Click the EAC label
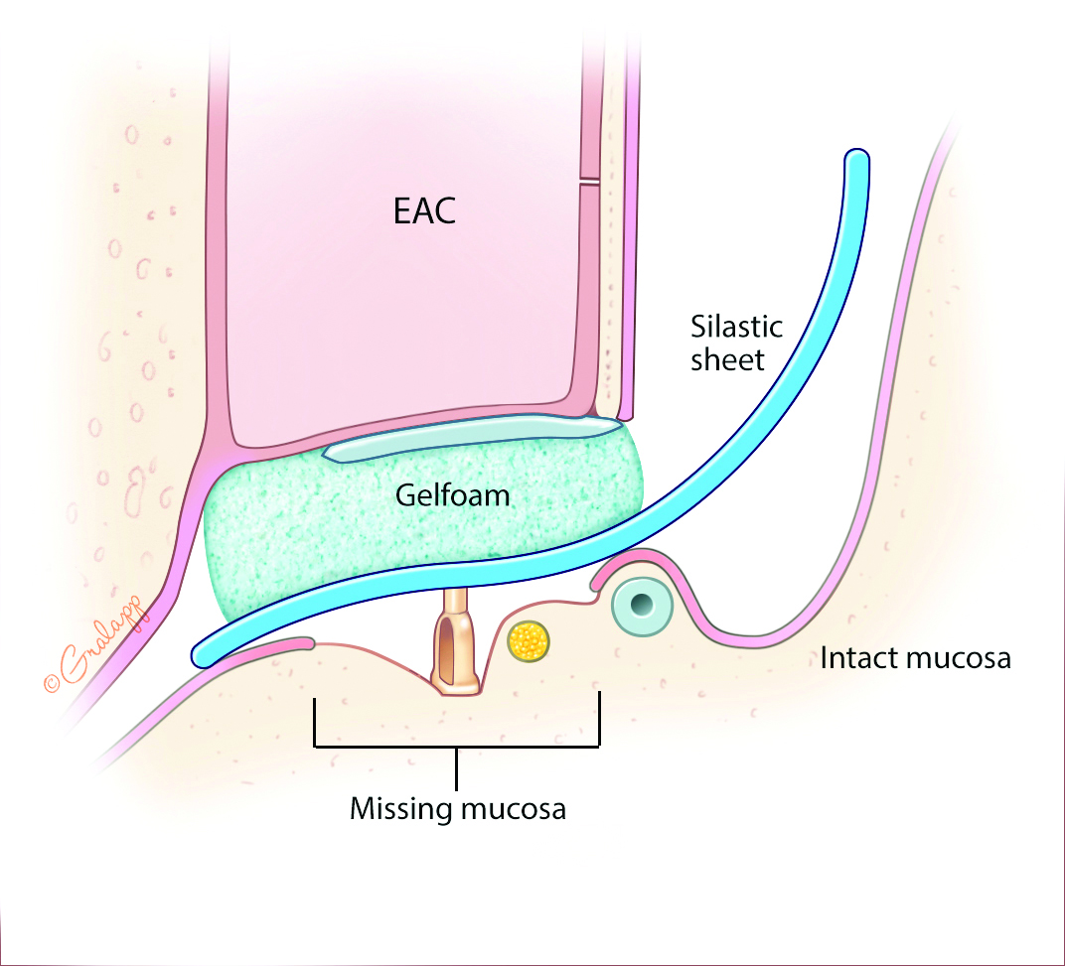424,211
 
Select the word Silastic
736,327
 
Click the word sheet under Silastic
728,359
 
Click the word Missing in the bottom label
400,808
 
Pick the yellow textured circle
530,642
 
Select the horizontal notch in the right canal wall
589,180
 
